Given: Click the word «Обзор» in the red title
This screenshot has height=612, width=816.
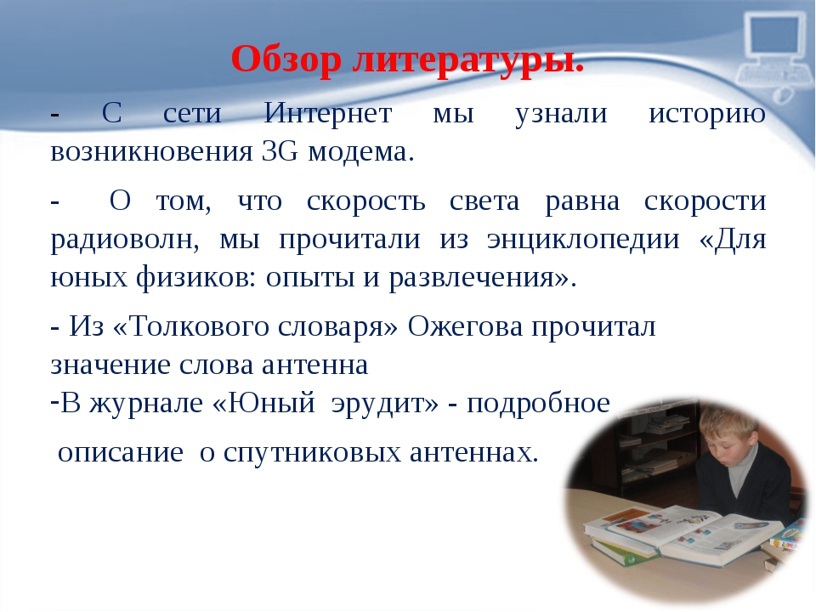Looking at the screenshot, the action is pyautogui.click(x=286, y=59).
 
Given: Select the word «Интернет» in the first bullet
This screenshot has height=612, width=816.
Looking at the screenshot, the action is pyautogui.click(x=328, y=113).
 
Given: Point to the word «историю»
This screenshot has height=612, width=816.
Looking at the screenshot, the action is pyautogui.click(x=707, y=114).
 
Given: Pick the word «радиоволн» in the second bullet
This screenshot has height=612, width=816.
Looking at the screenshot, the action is pyautogui.click(x=125, y=241).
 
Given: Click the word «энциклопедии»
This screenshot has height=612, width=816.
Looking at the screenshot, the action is pyautogui.click(x=583, y=241).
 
